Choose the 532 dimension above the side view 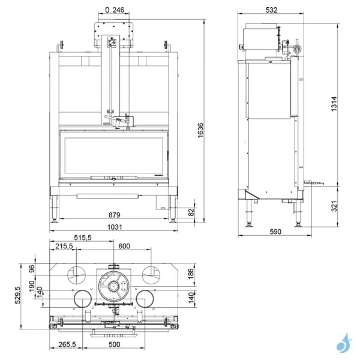tap(271, 10)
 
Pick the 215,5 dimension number tap(65, 247)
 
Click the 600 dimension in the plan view tap(124, 247)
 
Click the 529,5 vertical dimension tap(18, 295)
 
